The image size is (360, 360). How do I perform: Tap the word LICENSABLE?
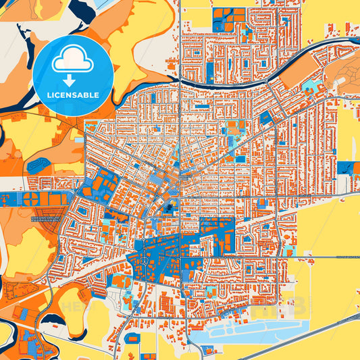coord(73,95)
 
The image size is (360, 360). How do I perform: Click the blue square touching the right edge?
coord(349,168)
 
